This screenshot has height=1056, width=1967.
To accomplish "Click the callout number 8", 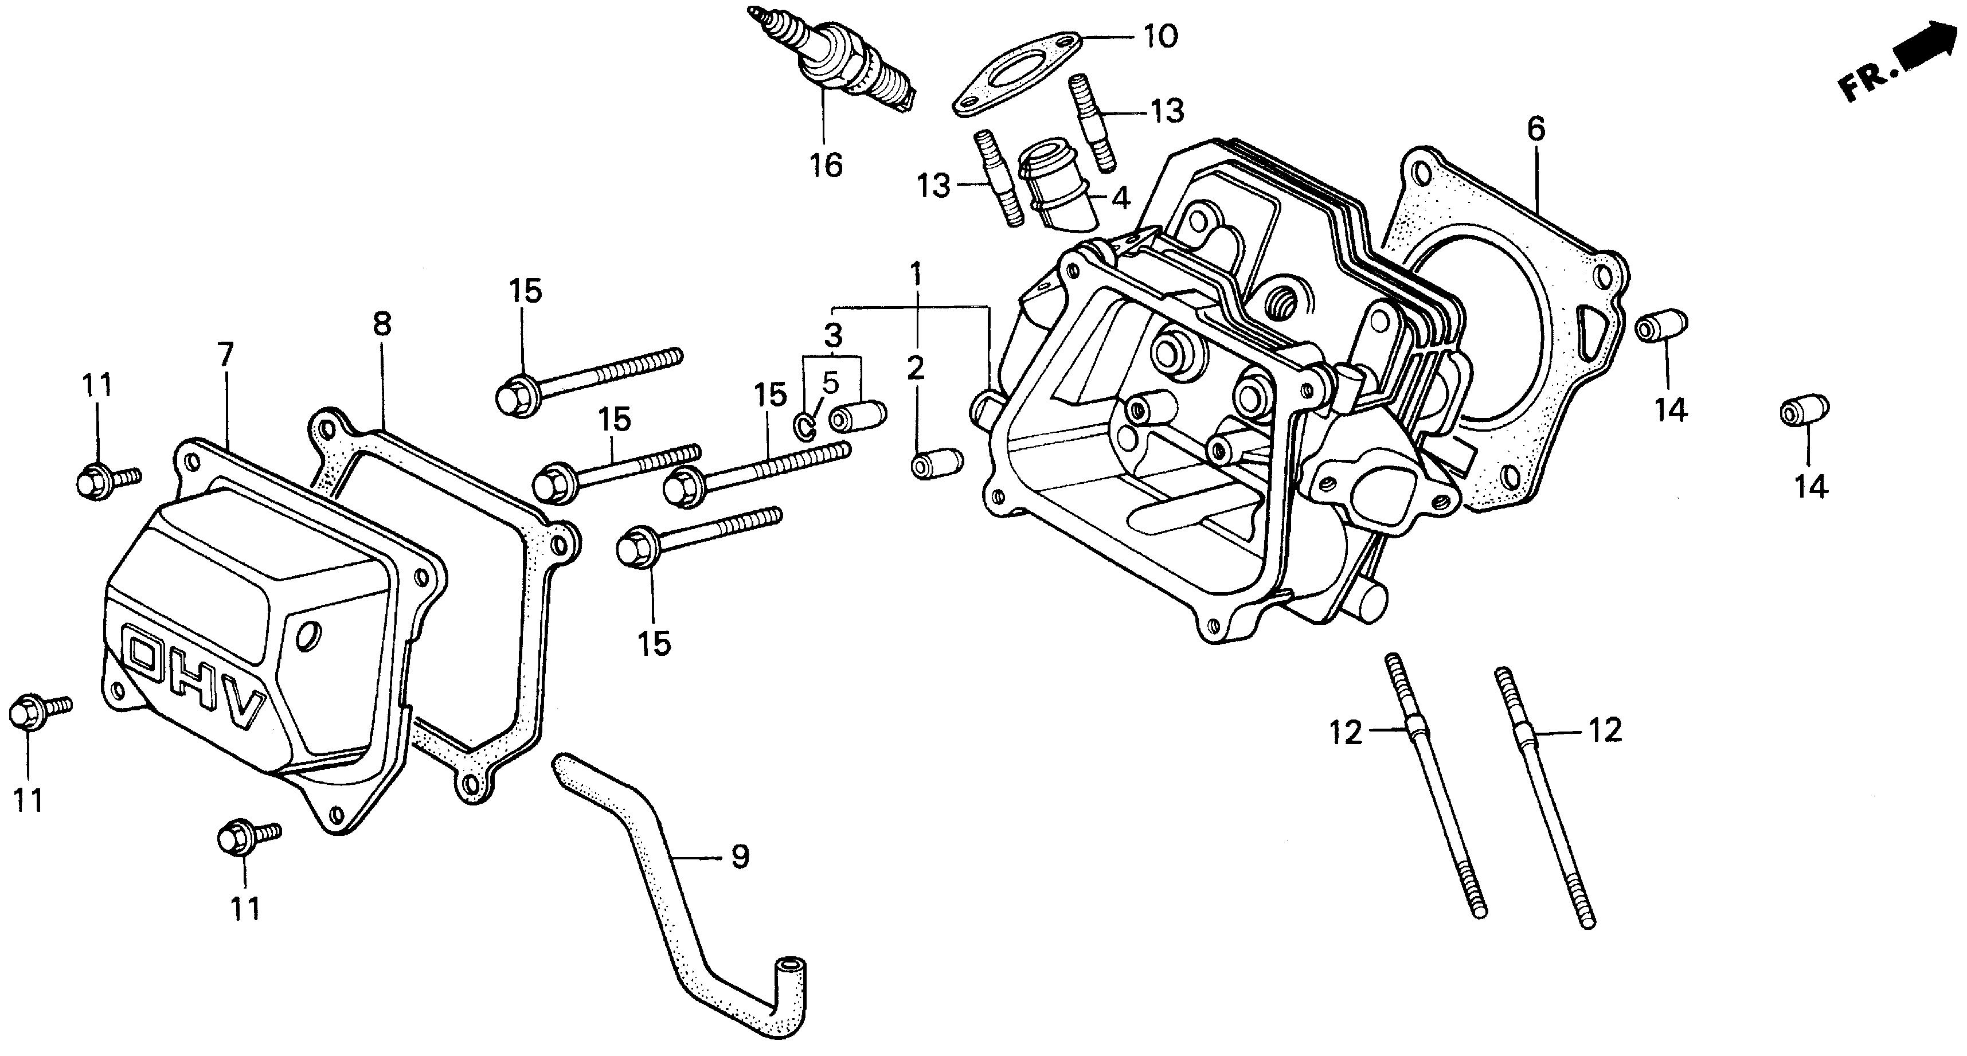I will [382, 324].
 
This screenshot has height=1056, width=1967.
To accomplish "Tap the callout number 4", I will [1120, 198].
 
